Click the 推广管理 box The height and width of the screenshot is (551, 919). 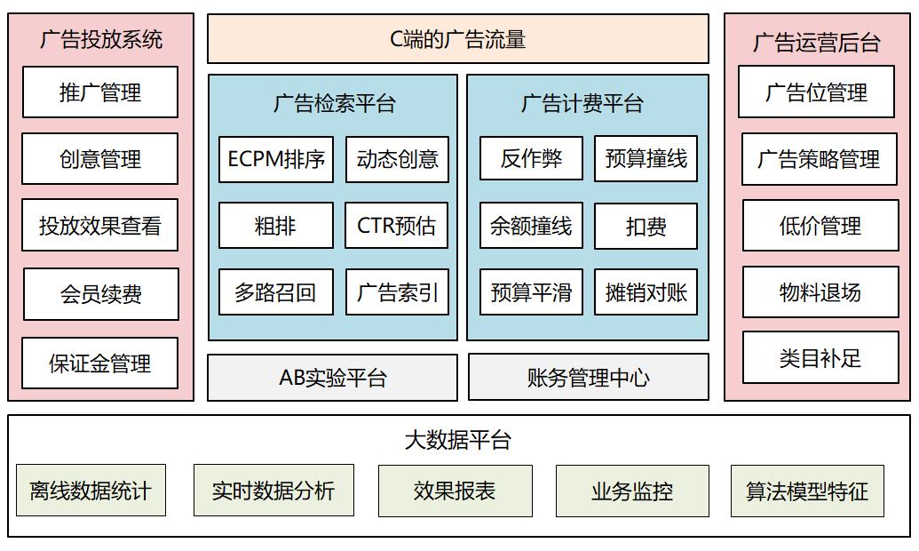100,92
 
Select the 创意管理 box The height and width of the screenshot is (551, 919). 100,159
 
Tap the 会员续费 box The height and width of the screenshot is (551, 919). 100,294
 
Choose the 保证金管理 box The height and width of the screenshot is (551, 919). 100,363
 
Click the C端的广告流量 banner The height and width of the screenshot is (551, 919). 458,39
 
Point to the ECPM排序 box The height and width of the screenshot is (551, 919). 276,159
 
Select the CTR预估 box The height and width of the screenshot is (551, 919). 397,226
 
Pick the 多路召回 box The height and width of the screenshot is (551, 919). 276,292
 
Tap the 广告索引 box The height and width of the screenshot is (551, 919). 397,292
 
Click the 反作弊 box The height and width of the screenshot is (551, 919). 531,159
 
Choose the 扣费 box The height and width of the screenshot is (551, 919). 646,226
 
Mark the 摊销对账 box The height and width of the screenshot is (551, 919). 646,292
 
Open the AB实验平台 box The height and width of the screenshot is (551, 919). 333,378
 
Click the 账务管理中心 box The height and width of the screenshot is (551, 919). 588,378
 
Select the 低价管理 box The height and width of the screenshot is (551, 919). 820,226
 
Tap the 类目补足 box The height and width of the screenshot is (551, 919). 820,358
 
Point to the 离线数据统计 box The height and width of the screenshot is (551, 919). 91,491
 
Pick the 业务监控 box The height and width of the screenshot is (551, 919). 632,491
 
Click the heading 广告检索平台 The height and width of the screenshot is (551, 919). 334,103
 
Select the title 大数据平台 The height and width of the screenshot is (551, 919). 458,439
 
